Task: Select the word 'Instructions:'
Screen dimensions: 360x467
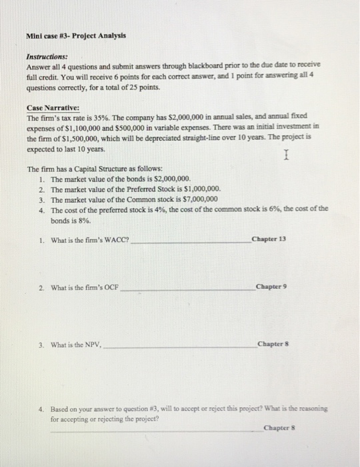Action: [46, 57]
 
